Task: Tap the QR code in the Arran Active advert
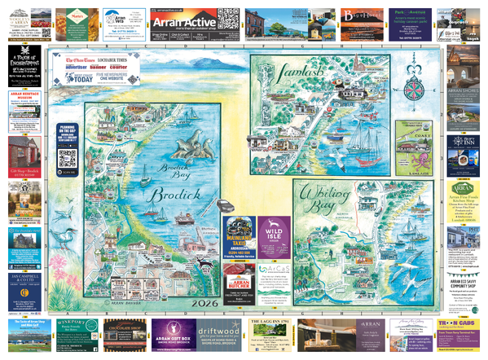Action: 229,18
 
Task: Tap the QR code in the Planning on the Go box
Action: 67,158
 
